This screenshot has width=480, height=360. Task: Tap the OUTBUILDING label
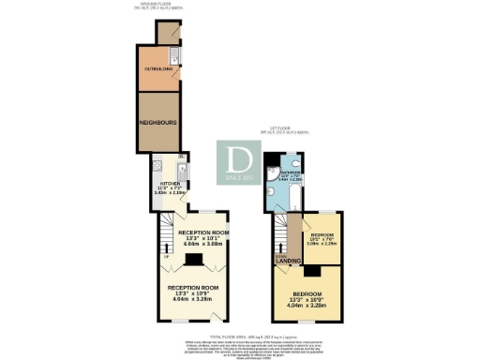point(157,68)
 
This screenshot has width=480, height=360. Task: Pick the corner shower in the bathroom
point(271,173)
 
